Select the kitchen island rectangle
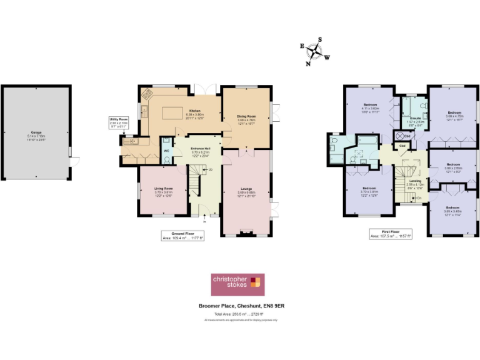coord(175,113)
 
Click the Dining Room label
coord(246,116)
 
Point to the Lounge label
coord(246,187)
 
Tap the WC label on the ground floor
coord(166,150)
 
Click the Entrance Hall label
coord(200,148)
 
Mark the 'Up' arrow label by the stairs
coord(210,169)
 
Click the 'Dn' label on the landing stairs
coord(419,197)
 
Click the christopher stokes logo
coord(237,284)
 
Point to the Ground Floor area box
coord(182,237)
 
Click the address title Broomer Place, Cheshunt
coord(239,306)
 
